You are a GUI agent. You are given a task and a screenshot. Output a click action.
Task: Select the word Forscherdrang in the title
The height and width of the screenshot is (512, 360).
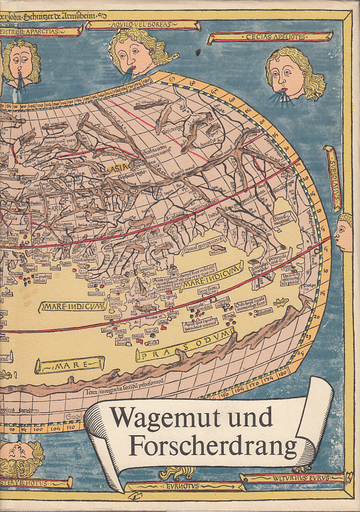pos(213,446)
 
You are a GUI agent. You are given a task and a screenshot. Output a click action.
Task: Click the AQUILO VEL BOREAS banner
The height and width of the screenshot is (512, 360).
pos(142,25)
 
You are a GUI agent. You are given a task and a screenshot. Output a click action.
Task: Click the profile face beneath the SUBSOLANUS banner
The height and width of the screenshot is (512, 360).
pos(344,232)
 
